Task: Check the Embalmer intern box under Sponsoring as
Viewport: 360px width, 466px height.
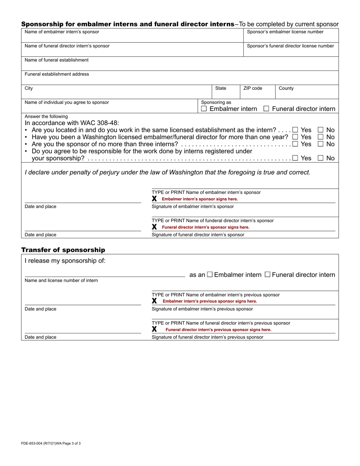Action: pos(204,109)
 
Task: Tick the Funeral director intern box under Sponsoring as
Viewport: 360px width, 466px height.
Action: pos(266,109)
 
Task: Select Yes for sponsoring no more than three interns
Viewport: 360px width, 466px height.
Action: pos(295,144)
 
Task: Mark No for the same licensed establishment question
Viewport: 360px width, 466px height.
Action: pos(320,130)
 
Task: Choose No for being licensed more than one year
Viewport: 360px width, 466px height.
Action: pos(320,137)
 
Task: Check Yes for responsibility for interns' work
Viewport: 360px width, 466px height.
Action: pos(295,158)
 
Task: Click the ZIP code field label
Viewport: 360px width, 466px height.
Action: pos(253,88)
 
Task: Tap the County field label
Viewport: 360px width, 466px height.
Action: pos(286,88)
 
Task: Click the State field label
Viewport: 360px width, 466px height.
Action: pos(221,88)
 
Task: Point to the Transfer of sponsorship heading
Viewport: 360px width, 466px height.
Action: pos(63,250)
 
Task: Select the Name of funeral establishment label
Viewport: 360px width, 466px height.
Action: pos(56,60)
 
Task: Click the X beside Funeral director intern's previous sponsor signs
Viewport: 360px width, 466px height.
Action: pos(154,329)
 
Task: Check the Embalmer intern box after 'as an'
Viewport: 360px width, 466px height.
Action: pos(210,275)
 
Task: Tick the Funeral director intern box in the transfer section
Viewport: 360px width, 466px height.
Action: pos(268,275)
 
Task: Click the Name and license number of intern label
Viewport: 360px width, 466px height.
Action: pos(61,280)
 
